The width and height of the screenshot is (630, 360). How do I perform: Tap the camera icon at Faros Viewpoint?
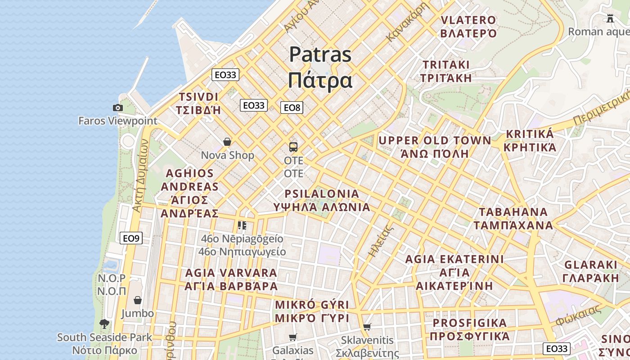118,108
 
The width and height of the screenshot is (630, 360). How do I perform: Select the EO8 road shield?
292,108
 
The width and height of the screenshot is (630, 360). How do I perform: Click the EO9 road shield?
131,238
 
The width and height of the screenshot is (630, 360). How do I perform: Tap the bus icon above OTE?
293,147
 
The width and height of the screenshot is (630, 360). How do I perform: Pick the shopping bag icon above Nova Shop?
227,142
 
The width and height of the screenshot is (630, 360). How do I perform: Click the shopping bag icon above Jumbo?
138,300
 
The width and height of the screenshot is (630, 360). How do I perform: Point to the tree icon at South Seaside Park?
104,324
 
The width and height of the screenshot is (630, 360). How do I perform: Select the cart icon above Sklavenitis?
367,327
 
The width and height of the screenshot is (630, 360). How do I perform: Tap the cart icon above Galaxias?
293,337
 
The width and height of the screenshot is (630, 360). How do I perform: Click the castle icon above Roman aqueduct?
610,18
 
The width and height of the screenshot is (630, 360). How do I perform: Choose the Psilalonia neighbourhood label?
322,200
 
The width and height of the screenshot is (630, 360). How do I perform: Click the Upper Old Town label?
435,147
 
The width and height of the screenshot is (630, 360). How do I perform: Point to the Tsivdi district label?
198,103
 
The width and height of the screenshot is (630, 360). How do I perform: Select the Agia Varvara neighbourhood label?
231,279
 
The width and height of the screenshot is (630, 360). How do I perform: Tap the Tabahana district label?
513,218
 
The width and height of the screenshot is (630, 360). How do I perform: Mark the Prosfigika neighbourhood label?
470,329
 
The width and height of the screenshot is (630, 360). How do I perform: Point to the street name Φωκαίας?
578,315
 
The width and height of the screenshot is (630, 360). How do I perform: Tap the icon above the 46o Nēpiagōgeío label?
242,225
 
